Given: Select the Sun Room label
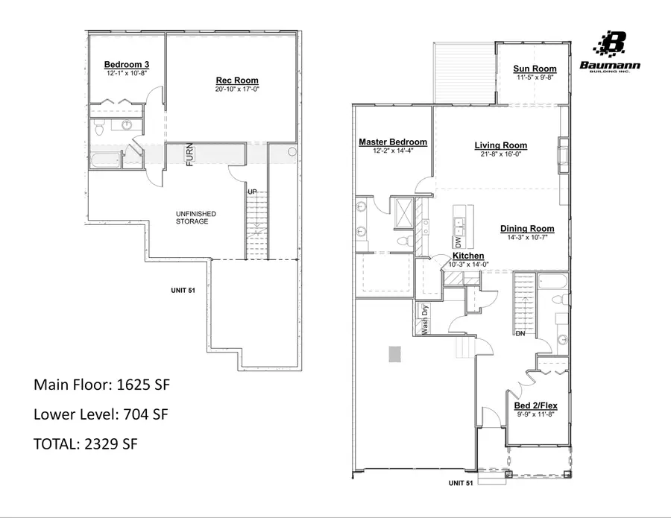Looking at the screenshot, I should pyautogui.click(x=531, y=69).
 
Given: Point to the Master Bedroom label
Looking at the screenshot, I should pyautogui.click(x=393, y=142).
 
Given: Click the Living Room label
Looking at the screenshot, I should pyautogui.click(x=501, y=145).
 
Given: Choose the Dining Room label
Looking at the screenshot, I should pyautogui.click(x=527, y=229).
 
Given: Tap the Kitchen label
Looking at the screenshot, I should pyautogui.click(x=468, y=256).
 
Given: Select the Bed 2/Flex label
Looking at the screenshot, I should pyautogui.click(x=536, y=405).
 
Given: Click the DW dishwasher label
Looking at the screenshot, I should pyautogui.click(x=457, y=241).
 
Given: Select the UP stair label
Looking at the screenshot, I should pyautogui.click(x=252, y=192).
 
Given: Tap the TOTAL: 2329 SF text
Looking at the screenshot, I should pyautogui.click(x=86, y=443).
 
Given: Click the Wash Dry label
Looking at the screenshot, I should pyautogui.click(x=425, y=319).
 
